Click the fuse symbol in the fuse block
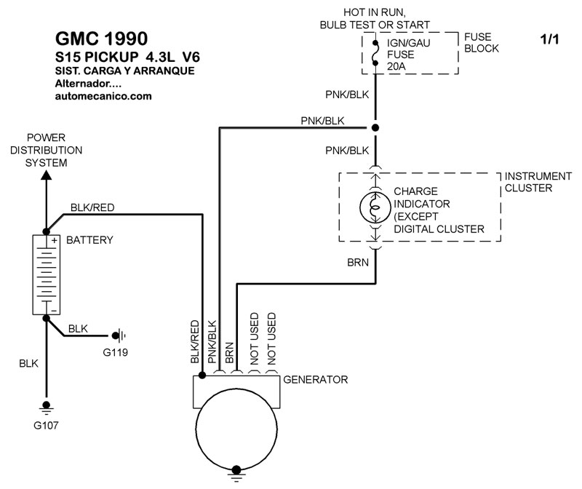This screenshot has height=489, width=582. [x=375, y=52]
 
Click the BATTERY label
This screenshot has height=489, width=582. [x=89, y=239]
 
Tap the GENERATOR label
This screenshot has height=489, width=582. [x=315, y=380]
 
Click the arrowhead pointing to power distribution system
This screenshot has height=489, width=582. [x=47, y=175]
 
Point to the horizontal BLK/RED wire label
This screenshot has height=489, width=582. [x=92, y=207]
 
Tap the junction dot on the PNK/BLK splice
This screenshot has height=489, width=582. [x=375, y=128]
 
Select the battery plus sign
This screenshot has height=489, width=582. [x=54, y=240]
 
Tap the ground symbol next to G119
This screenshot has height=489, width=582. [x=119, y=335]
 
